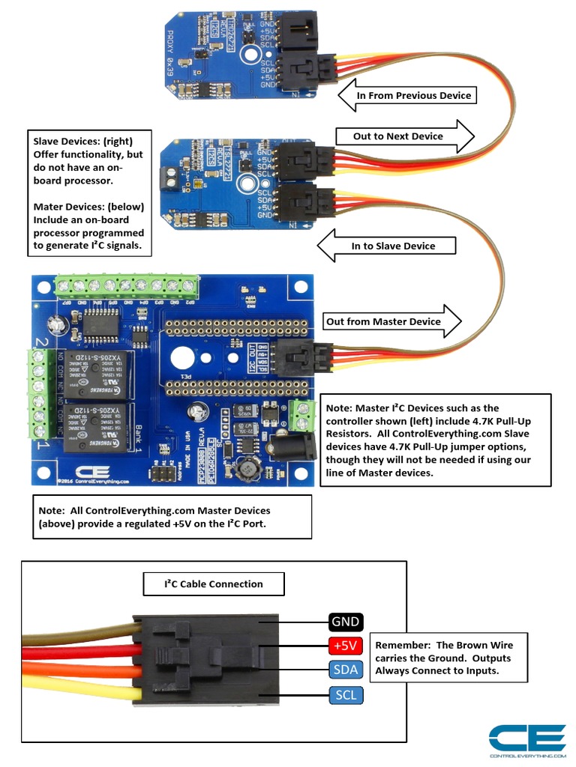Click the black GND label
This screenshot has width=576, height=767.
tap(345, 622)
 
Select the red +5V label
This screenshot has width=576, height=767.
tap(345, 645)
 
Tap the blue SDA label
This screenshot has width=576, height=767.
tap(345, 670)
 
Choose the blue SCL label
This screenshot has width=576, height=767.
tap(345, 695)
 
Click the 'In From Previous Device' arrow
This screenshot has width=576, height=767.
tap(406, 96)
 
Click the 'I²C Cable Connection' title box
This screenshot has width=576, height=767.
tap(214, 584)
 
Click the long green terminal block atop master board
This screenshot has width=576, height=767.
tap(127, 285)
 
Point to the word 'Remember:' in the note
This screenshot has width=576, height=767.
tap(403, 645)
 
